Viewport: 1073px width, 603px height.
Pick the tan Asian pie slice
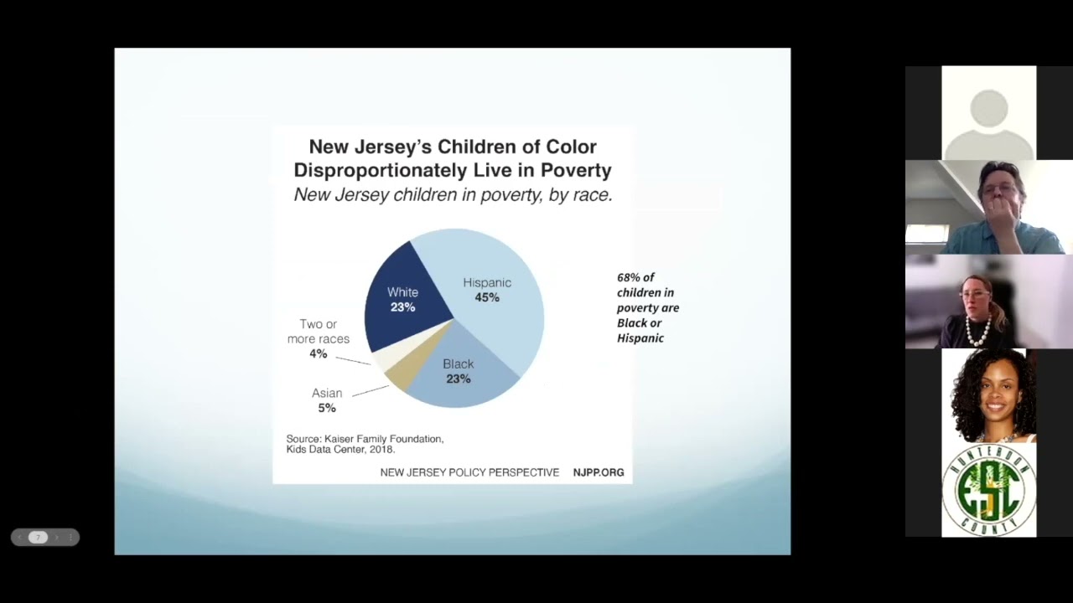398,374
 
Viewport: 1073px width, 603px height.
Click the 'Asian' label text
327,393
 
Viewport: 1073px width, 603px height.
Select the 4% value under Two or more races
318,354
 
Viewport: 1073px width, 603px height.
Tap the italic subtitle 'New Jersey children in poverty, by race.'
453,195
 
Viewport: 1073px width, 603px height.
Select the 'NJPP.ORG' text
599,472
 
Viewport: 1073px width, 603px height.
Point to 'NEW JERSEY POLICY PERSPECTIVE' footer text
469,472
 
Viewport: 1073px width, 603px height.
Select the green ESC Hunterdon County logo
989,490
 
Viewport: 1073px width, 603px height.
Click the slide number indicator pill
39,538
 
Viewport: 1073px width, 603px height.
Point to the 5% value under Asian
326,408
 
